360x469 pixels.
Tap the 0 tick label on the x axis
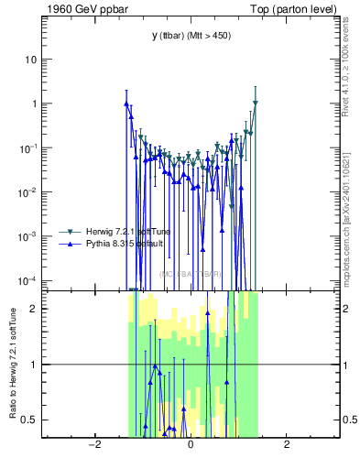191,445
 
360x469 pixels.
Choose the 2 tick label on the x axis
287,445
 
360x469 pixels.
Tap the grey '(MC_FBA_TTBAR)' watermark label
191,274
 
